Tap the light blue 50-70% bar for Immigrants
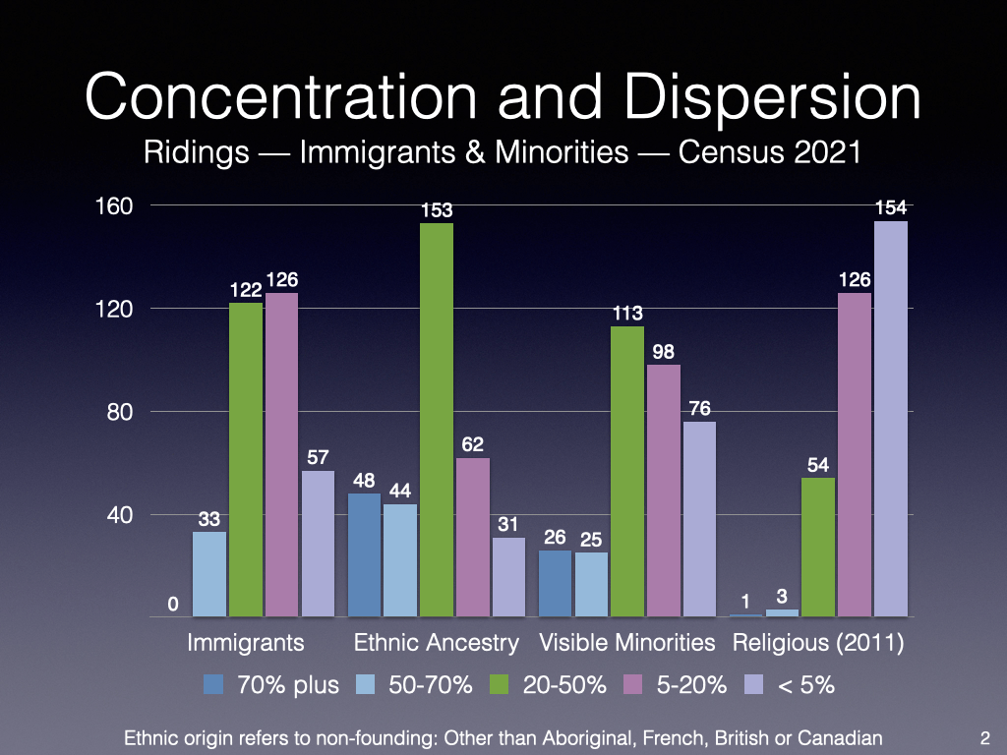click(x=209, y=574)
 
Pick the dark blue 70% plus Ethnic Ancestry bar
click(x=365, y=554)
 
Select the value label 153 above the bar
click(x=437, y=209)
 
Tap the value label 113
click(x=627, y=314)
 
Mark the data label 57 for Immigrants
click(x=318, y=457)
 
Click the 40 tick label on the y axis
click(x=118, y=514)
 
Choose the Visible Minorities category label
click(x=627, y=643)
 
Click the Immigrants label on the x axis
click(x=246, y=643)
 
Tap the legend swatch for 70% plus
click(x=215, y=685)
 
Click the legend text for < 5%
click(x=805, y=685)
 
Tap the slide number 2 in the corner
click(x=984, y=736)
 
